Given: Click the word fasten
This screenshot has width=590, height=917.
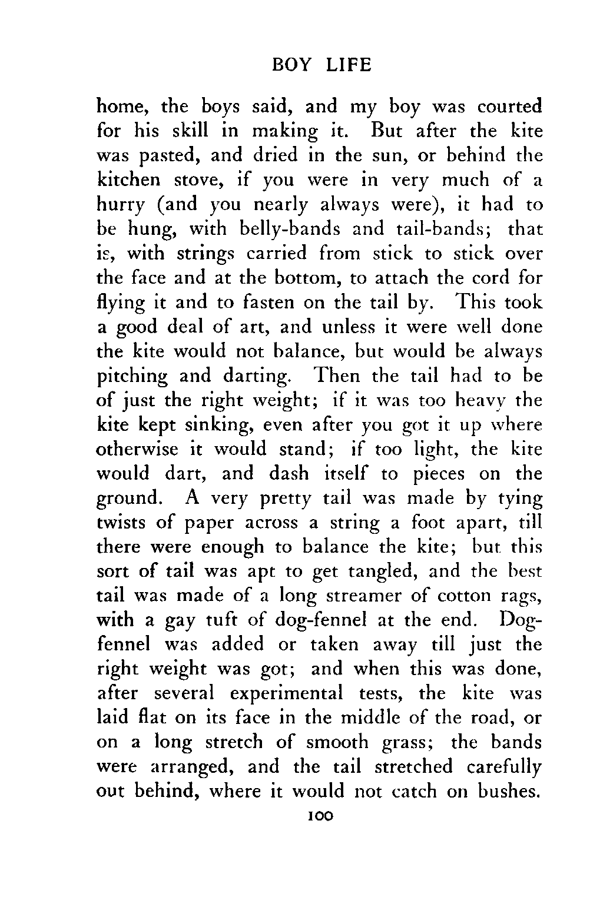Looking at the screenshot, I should (x=267, y=302).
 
